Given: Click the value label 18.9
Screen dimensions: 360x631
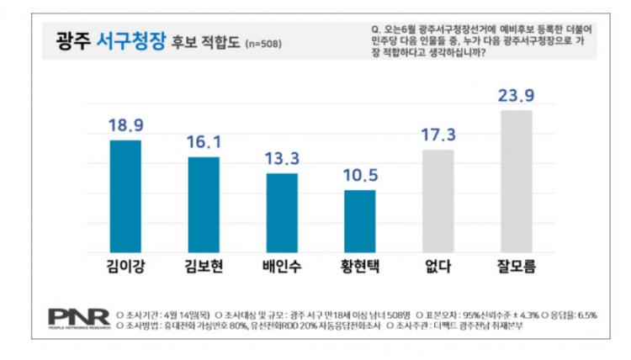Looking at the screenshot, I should point(125,125).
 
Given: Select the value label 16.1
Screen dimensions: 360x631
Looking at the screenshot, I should point(204,142).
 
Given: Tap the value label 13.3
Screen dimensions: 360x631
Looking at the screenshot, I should point(282,158).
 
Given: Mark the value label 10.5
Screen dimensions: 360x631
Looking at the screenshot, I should point(360,175).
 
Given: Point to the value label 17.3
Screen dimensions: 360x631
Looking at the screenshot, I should point(437,135).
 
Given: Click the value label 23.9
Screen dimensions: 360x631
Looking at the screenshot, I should point(517,95).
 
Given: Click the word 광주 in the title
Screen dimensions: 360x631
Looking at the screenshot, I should point(72,40).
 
